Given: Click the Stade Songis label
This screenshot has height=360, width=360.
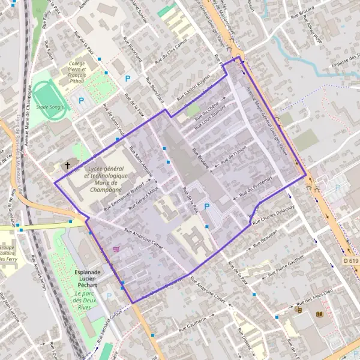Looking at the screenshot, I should tap(49, 107).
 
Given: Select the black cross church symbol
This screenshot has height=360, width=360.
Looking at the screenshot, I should tap(67, 165).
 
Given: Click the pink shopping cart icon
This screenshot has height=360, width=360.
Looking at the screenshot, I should tap(116, 250).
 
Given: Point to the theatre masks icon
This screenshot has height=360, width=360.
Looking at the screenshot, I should tap(299, 310).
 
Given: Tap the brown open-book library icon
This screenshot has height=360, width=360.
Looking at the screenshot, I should tap(319, 314).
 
